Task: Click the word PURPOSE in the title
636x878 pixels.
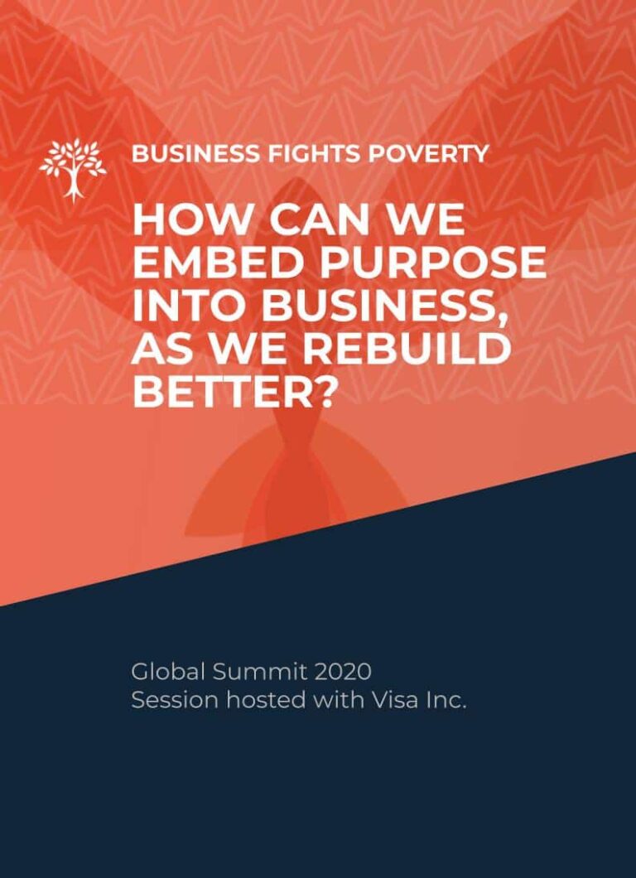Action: (432, 263)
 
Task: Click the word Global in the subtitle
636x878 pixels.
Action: (166, 672)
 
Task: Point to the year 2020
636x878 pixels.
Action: (343, 672)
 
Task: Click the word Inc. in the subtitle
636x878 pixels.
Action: (446, 701)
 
